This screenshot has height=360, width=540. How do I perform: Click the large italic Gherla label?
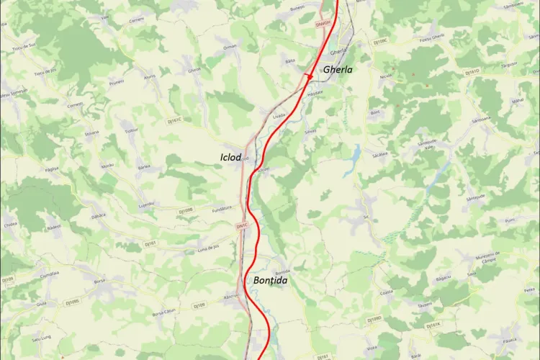tap(338, 70)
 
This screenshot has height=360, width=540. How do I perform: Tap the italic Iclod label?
tap(231, 156)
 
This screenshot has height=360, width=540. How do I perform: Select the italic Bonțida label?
tap(271, 279)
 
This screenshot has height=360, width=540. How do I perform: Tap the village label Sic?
tap(366, 216)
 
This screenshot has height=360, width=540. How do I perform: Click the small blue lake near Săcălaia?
tap(355, 154)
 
